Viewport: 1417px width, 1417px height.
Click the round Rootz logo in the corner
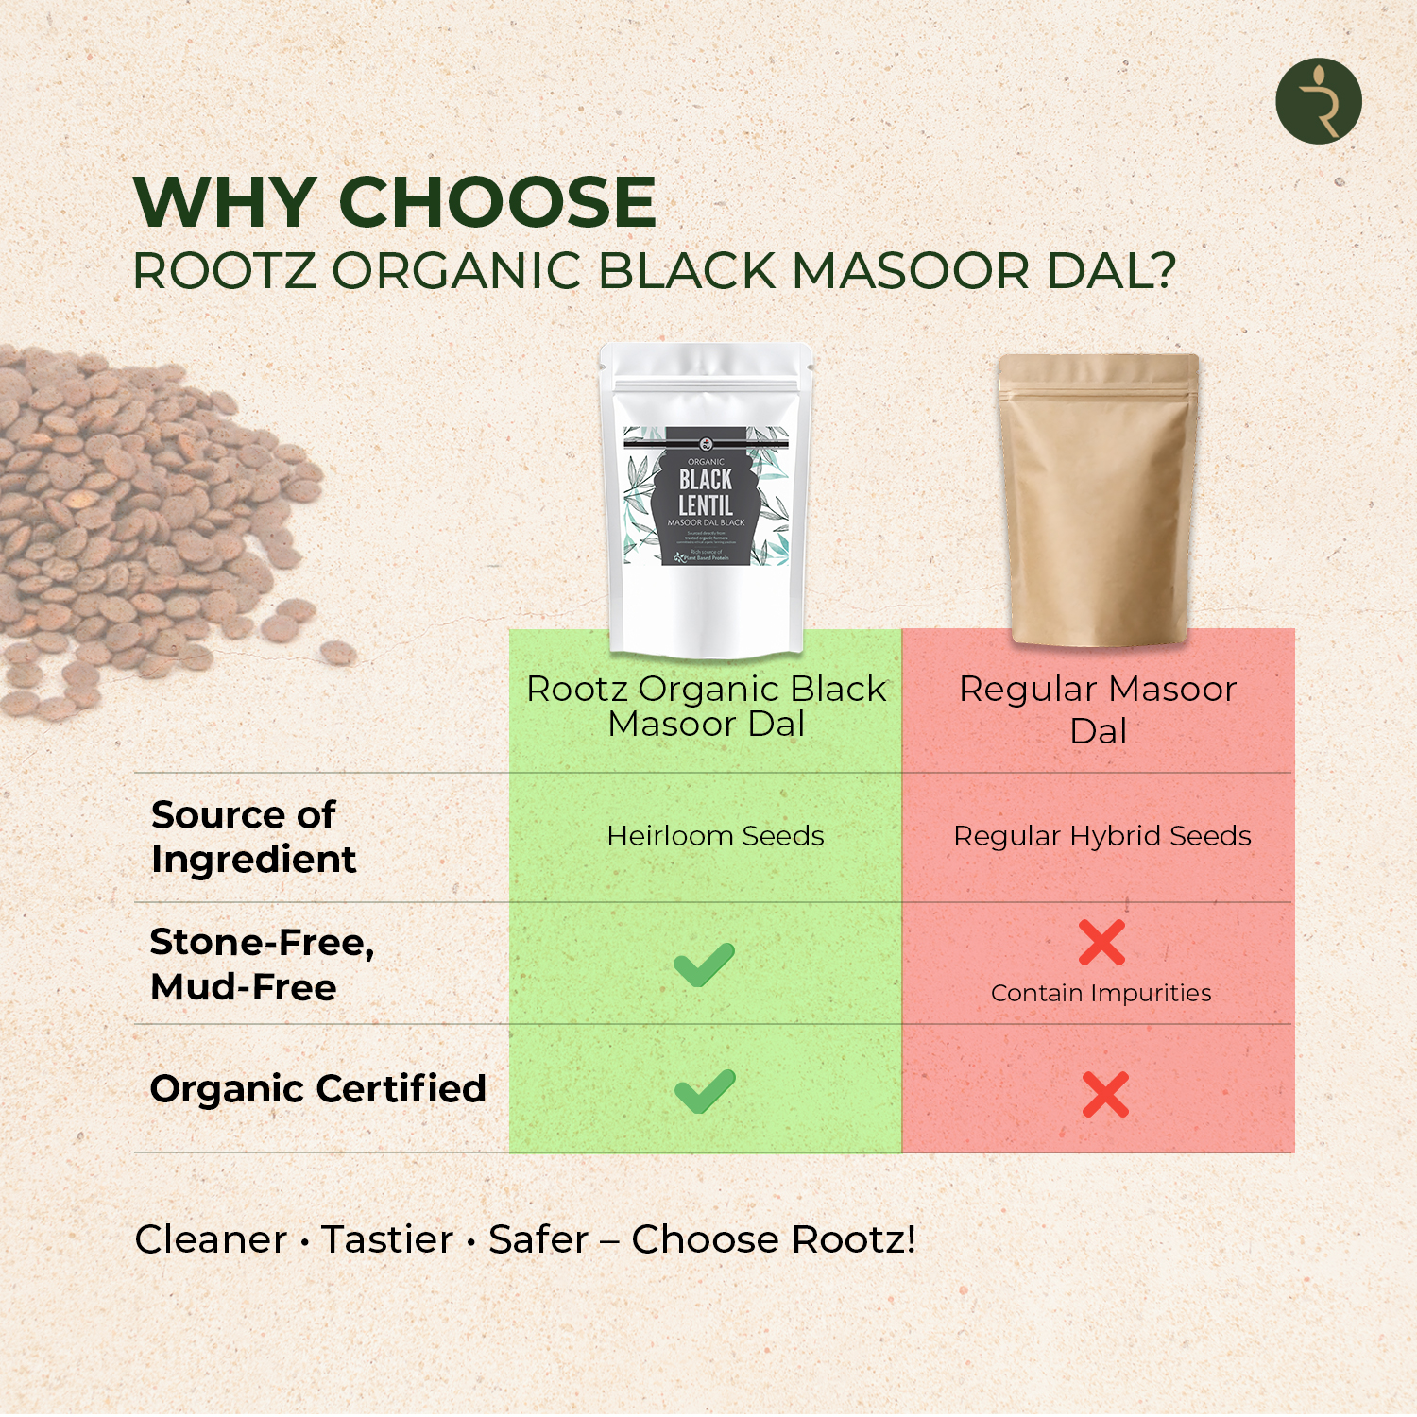click(1318, 101)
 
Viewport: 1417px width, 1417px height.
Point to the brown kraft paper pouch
click(1099, 501)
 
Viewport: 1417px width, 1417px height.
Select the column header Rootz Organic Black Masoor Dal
click(706, 706)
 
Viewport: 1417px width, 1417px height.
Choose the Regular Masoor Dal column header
click(1098, 709)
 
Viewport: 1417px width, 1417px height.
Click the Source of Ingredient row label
click(252, 837)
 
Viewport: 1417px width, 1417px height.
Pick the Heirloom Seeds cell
click(715, 836)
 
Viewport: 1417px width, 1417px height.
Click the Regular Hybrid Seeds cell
click(1101, 836)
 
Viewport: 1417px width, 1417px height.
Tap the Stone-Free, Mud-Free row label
click(262, 965)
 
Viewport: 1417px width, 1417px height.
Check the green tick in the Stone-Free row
click(704, 965)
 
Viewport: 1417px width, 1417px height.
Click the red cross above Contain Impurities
click(1101, 942)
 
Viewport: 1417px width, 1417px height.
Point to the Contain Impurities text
click(1101, 993)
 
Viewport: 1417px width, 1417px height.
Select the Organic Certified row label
click(317, 1088)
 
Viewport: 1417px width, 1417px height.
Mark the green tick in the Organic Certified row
click(705, 1091)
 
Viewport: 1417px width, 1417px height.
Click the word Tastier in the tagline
click(387, 1239)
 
